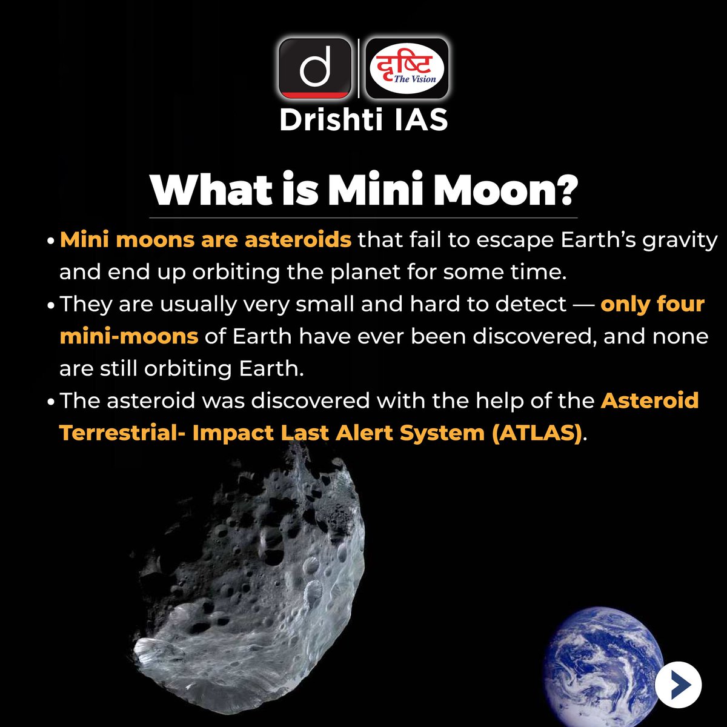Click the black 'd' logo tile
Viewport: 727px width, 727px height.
(315, 68)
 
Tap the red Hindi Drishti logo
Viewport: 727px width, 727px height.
(407, 68)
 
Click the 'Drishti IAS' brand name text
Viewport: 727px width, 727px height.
(363, 120)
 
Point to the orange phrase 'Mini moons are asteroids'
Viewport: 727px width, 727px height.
(205, 239)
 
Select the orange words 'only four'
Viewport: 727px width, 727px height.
(652, 304)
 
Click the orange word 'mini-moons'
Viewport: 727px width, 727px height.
(129, 336)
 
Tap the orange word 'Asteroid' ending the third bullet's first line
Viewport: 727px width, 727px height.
(649, 400)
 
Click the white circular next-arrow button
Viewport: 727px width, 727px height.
(678, 685)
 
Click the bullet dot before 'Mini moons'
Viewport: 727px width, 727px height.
(51, 241)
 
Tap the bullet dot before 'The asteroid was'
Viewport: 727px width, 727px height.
(51, 402)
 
